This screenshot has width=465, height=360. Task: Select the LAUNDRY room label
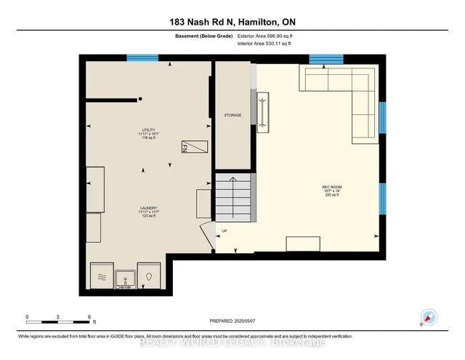(x=149, y=210)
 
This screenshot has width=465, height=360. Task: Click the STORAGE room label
(x=232, y=115)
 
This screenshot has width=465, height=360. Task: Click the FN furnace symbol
(x=194, y=145)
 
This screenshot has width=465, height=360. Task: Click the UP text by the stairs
(x=224, y=232)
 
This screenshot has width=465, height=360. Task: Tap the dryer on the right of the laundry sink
(x=149, y=276)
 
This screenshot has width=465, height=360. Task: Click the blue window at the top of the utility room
(x=142, y=57)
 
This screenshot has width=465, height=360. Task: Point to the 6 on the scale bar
(x=89, y=316)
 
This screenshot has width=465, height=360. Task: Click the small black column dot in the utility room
(x=141, y=99)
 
